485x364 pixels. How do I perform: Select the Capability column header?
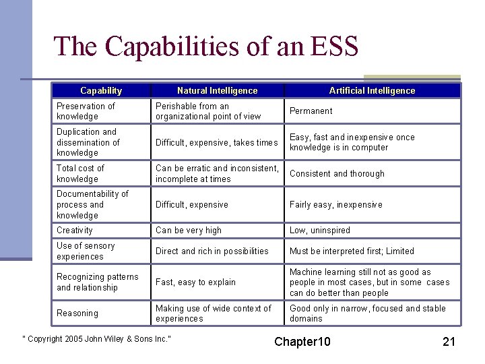pyautogui.click(x=101, y=90)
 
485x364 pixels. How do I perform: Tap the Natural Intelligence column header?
pyautogui.click(x=217, y=90)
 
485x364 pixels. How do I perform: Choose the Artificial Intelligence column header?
pyautogui.click(x=372, y=90)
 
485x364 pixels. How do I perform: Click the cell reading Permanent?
pyautogui.click(x=311, y=111)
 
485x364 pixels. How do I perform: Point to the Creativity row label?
pyautogui.click(x=75, y=231)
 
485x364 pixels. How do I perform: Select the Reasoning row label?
pyautogui.click(x=77, y=313)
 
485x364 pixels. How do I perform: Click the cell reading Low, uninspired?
pyautogui.click(x=320, y=231)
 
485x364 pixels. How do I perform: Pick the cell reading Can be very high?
pyautogui.click(x=189, y=231)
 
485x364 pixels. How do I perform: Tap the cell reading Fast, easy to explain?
pyautogui.click(x=195, y=282)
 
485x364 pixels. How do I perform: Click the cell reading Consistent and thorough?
pyautogui.click(x=337, y=174)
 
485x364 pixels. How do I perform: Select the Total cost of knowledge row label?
pyautogui.click(x=80, y=173)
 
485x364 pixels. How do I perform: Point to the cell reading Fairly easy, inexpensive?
pyautogui.click(x=335, y=205)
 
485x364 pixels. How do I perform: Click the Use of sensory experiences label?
pyautogui.click(x=86, y=251)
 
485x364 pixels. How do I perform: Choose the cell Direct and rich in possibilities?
pyautogui.click(x=212, y=251)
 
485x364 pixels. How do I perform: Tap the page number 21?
pyautogui.click(x=449, y=341)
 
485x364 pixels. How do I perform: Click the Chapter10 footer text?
pyautogui.click(x=302, y=341)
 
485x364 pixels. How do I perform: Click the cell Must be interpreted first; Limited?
pyautogui.click(x=352, y=251)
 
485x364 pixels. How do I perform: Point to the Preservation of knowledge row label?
pyautogui.click(x=86, y=111)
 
